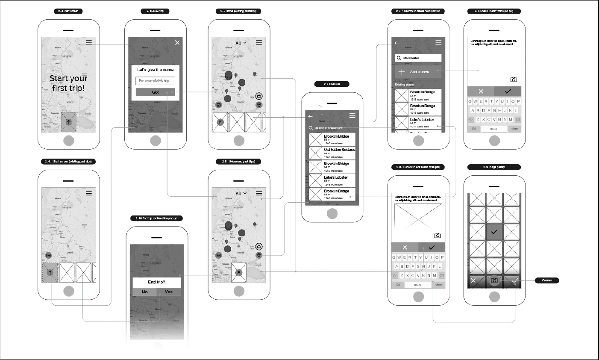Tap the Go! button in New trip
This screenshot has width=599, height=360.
click(155, 92)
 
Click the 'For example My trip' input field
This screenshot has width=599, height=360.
click(155, 81)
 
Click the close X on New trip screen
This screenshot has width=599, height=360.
click(177, 42)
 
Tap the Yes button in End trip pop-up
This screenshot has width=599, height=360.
click(169, 292)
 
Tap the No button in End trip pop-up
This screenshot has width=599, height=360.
click(144, 292)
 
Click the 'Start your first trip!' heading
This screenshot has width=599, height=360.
click(68, 83)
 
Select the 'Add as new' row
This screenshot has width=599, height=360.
click(418, 72)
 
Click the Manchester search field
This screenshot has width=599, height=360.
click(418, 58)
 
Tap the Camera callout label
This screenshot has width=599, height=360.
click(546, 280)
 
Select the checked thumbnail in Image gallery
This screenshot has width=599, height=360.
click(494, 232)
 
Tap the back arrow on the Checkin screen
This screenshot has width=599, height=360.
click(311, 116)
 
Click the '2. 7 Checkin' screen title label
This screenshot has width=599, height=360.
click(332, 84)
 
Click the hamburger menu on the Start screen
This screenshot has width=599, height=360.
click(89, 42)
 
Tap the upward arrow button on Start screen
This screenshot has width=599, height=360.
click(68, 122)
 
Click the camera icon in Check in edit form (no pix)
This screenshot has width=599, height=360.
click(514, 80)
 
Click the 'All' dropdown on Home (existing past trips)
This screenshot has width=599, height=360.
click(241, 43)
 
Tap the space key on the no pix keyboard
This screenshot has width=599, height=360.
click(493, 129)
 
